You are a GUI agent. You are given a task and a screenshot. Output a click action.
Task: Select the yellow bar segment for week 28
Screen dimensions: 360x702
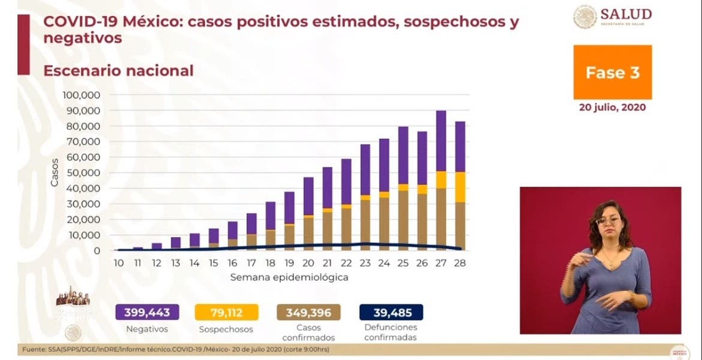pos(460,187)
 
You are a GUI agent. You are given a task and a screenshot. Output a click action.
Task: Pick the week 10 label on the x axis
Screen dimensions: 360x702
pos(119,263)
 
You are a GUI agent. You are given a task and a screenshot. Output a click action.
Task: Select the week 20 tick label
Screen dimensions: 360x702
pos(308,263)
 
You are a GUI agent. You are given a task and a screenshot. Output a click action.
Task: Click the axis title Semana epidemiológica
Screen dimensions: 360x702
pos(289,278)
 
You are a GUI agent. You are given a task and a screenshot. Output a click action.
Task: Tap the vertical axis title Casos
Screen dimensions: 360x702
pos(55,172)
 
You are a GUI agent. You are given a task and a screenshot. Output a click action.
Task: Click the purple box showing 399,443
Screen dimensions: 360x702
pos(147,312)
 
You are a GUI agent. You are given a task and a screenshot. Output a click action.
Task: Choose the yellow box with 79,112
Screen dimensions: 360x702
pos(226,312)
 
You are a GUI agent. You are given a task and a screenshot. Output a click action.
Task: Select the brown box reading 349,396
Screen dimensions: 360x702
pos(308,312)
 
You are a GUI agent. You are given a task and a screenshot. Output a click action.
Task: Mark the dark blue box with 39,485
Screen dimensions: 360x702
pos(391,312)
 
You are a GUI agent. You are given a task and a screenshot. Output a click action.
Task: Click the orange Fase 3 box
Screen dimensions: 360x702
pos(612,72)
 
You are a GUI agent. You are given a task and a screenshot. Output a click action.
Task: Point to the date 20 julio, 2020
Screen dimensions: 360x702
pos(613,108)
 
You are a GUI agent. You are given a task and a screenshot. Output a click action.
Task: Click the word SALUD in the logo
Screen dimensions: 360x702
pos(627,14)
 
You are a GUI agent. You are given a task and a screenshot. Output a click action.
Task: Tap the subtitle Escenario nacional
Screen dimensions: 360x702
pos(118,70)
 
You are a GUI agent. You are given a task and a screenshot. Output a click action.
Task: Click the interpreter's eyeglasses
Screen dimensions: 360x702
pos(607,220)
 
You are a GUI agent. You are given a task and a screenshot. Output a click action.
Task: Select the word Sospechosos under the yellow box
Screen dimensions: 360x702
pos(226,329)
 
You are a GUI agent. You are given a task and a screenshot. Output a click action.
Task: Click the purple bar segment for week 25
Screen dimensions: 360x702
pos(403,155)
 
